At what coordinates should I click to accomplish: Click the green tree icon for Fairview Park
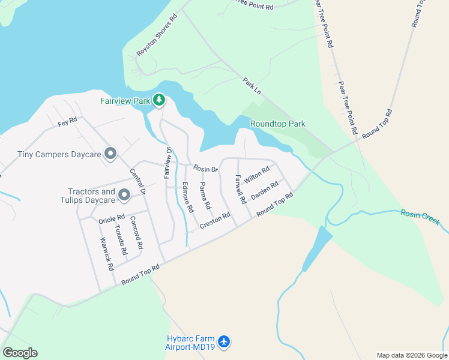pyautogui.click(x=158, y=100)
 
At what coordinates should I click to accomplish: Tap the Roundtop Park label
pyautogui.click(x=277, y=124)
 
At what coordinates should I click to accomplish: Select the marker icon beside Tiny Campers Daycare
pyautogui.click(x=110, y=154)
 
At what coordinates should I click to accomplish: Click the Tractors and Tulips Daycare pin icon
pyautogui.click(x=124, y=195)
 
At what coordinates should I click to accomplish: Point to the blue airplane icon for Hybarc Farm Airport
pyautogui.click(x=224, y=342)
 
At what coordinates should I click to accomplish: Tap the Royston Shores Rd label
pyautogui.click(x=157, y=35)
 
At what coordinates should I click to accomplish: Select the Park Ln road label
pyautogui.click(x=253, y=85)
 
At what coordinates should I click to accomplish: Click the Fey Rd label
pyautogui.click(x=68, y=121)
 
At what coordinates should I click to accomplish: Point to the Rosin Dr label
pyautogui.click(x=205, y=170)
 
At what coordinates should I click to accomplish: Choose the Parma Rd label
pyautogui.click(x=205, y=196)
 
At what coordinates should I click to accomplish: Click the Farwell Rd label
pyautogui.click(x=241, y=188)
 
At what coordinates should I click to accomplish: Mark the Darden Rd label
pyautogui.click(x=264, y=190)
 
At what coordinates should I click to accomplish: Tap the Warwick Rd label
pyautogui.click(x=107, y=254)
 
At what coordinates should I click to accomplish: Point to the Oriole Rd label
pyautogui.click(x=111, y=218)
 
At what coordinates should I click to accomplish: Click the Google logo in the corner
pyautogui.click(x=20, y=353)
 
